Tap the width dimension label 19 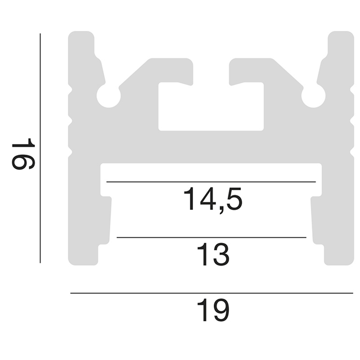point(213,310)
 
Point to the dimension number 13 point(213,256)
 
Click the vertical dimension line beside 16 point(40,148)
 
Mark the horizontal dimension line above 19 point(211,293)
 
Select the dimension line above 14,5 point(211,182)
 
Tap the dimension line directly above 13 point(211,237)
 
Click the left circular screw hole point(109,96)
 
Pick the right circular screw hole point(313,96)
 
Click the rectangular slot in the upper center point(211,107)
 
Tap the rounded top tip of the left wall point(82,36)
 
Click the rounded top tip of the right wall point(340,36)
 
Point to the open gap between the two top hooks point(211,70)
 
